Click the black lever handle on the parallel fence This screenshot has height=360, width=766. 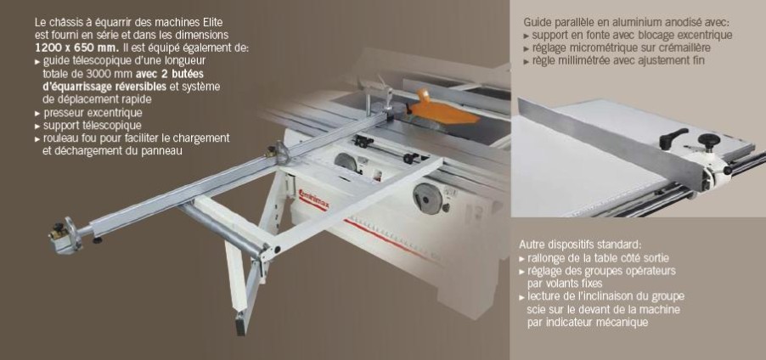point(673,138)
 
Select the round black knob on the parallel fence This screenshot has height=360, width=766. point(709,140)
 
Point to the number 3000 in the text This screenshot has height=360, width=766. point(86,74)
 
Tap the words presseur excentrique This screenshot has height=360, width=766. point(93,113)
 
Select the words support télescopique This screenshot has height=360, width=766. point(93,126)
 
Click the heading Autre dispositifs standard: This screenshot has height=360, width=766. point(580,245)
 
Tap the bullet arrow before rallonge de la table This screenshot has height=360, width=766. point(522,258)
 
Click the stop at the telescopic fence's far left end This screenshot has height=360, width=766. point(64,235)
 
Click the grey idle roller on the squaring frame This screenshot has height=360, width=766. point(222,228)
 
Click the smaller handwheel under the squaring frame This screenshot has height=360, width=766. point(346,161)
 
